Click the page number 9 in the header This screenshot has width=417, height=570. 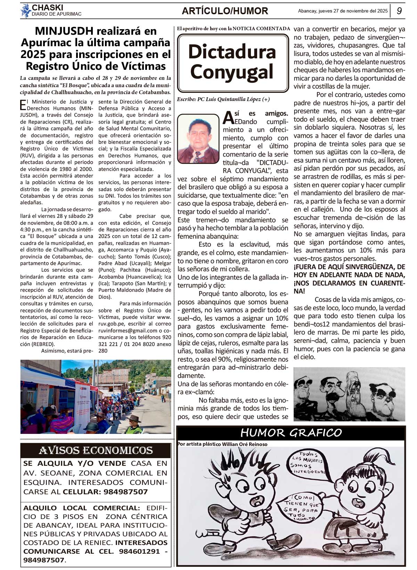(x=399, y=11)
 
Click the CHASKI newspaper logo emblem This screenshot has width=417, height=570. (x=25, y=11)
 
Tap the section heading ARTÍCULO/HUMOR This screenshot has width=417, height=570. (x=225, y=11)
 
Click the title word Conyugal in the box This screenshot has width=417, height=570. (x=232, y=72)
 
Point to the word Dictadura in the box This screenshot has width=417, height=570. (x=232, y=52)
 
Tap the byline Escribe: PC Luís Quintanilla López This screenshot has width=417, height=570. (x=223, y=99)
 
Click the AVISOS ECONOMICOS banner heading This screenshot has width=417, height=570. (x=96, y=451)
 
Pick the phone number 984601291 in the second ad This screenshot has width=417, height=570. (x=139, y=551)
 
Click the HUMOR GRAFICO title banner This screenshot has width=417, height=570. (x=291, y=433)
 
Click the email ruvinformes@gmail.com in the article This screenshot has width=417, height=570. (x=128, y=331)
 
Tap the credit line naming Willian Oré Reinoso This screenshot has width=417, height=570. (x=222, y=444)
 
